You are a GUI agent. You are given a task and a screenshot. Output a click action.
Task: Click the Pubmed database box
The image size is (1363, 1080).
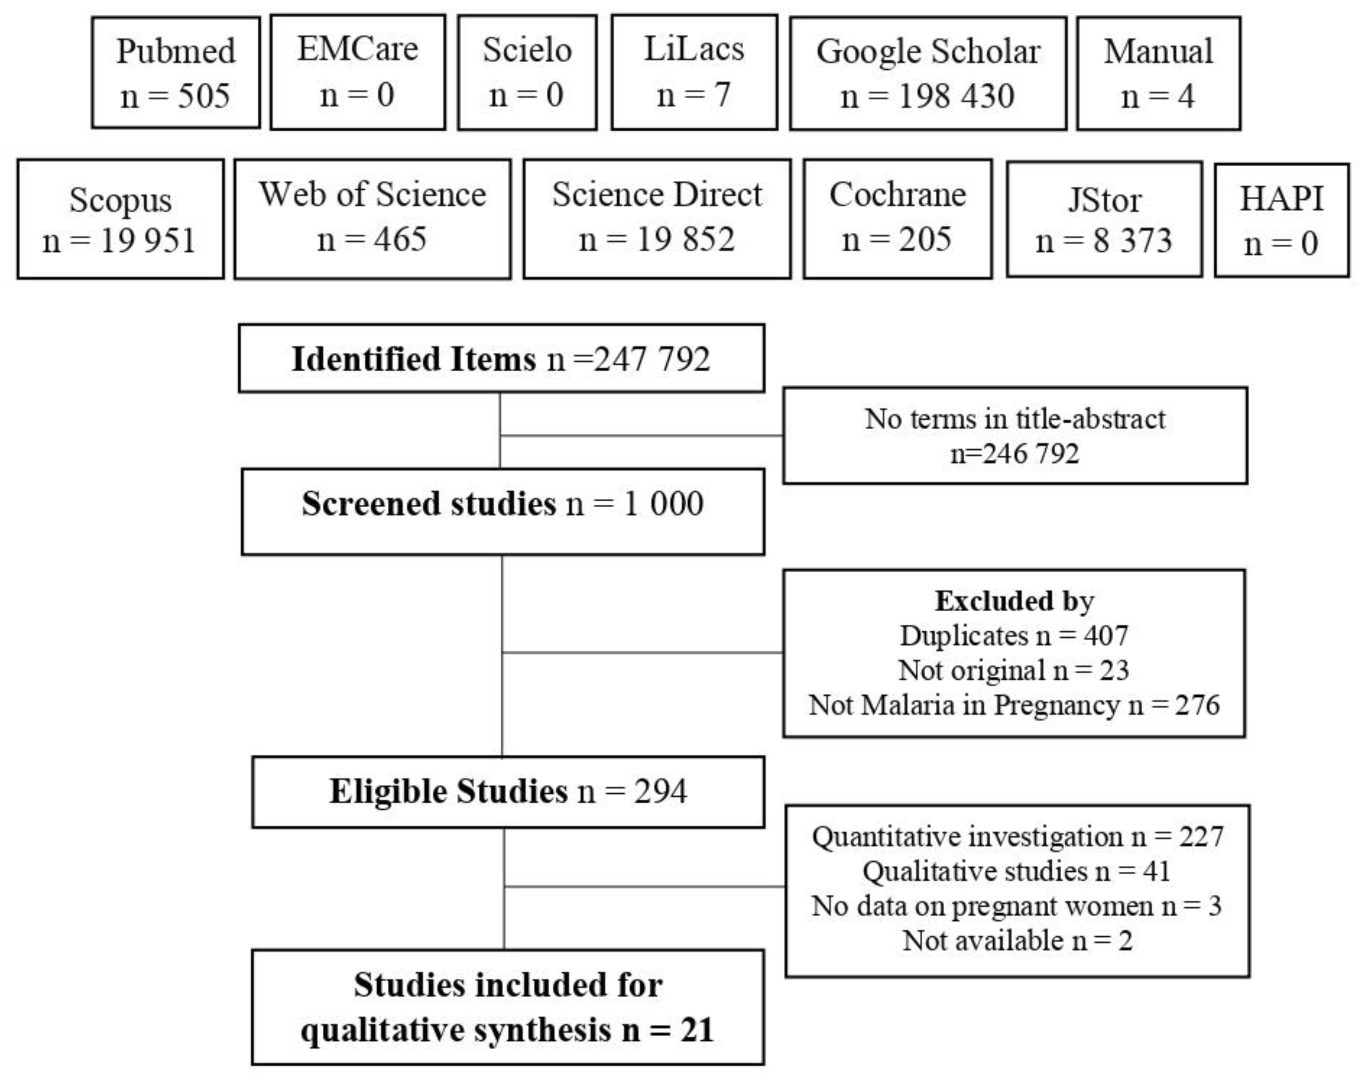coord(176,73)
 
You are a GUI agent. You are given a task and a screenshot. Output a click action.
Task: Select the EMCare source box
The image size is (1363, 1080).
coord(358,72)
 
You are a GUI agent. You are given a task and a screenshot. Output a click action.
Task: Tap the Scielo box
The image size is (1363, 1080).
coord(527,72)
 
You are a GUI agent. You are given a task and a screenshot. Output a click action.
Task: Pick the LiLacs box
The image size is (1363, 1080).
coord(694,72)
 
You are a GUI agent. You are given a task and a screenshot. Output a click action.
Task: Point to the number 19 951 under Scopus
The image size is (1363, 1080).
coord(148,241)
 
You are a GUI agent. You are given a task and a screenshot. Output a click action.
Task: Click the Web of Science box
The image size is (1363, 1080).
coord(372,219)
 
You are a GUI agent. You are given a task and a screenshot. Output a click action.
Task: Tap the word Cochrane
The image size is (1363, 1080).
coord(898,195)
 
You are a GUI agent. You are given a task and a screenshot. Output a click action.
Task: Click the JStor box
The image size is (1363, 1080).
coord(1104,219)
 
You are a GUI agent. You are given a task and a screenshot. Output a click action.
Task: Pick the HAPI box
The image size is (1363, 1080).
coord(1281,220)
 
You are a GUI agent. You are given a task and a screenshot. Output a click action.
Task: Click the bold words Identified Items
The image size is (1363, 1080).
coord(414,359)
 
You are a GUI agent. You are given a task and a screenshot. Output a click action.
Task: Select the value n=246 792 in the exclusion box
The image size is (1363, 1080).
coord(1015,454)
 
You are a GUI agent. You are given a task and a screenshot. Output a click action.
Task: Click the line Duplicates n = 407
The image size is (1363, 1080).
coord(1014,636)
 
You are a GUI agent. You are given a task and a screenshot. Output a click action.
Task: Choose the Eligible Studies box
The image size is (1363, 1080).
coord(508,792)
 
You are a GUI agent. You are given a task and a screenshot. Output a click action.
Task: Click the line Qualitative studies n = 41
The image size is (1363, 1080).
coord(1017,871)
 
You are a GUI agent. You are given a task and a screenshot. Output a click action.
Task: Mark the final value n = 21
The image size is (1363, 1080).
coord(668,1030)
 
